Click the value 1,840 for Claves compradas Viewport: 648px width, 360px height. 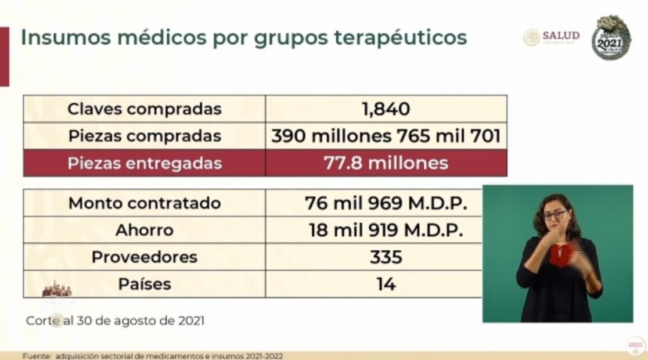pyautogui.click(x=386, y=109)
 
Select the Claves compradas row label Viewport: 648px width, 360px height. pyautogui.click(x=144, y=109)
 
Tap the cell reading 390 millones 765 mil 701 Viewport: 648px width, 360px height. pyautogui.click(x=386, y=136)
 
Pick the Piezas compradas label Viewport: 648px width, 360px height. pyautogui.click(x=144, y=136)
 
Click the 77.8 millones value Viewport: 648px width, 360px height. pyautogui.click(x=386, y=163)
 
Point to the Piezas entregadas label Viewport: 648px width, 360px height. pyautogui.click(x=144, y=163)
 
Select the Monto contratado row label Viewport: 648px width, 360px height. pyautogui.click(x=144, y=203)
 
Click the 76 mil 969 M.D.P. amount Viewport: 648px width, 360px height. pyautogui.click(x=386, y=203)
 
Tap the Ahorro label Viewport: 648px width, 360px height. pyautogui.click(x=144, y=230)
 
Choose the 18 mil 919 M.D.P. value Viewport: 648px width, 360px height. pyautogui.click(x=386, y=230)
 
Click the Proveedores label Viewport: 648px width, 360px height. pyautogui.click(x=144, y=257)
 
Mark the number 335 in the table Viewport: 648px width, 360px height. pyautogui.click(x=386, y=257)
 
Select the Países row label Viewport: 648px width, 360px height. pyautogui.click(x=144, y=285)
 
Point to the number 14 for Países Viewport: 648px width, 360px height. pyautogui.click(x=386, y=285)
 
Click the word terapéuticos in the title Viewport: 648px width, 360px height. pyautogui.click(x=401, y=37)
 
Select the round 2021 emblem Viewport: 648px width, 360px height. pyautogui.click(x=611, y=37)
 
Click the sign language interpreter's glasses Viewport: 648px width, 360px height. pyautogui.click(x=555, y=215)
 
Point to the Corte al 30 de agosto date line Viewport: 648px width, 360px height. pyautogui.click(x=115, y=321)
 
